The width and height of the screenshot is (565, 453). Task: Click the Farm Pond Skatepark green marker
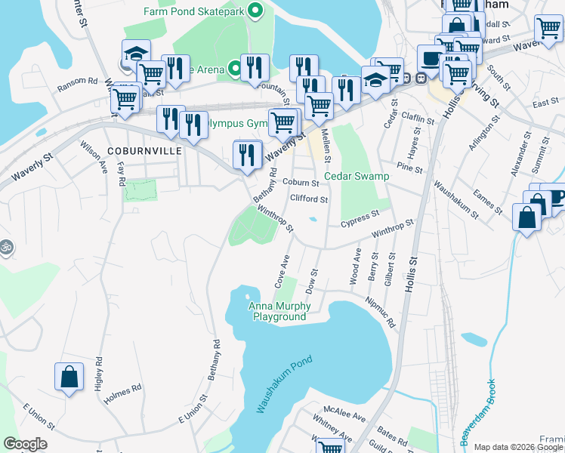pyautogui.click(x=255, y=11)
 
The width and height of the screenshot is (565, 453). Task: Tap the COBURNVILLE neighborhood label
pyautogui.click(x=145, y=151)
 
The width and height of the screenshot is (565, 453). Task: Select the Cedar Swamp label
pyautogui.click(x=357, y=177)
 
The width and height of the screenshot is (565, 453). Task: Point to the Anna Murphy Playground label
pyautogui.click(x=278, y=311)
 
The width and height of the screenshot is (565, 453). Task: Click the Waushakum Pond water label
pyautogui.click(x=284, y=384)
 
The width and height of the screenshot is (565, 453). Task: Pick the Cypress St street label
pyautogui.click(x=359, y=218)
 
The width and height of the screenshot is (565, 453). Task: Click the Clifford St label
pyautogui.click(x=309, y=200)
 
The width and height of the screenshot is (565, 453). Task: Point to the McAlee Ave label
pyautogui.click(x=344, y=416)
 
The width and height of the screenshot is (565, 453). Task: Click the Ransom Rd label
pyautogui.click(x=78, y=81)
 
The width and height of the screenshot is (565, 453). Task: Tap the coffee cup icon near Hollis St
pyautogui.click(x=432, y=58)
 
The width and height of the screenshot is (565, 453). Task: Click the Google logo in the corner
pyautogui.click(x=25, y=444)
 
